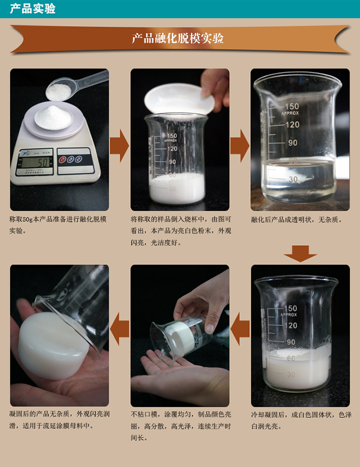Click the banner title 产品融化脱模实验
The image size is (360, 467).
click(178, 38)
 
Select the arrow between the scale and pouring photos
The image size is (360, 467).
click(119, 146)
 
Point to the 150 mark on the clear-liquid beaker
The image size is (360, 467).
click(291, 106)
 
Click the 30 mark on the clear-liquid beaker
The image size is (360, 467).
click(293, 179)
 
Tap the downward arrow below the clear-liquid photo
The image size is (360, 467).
click(300, 254)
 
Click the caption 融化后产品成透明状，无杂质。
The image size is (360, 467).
click(297, 220)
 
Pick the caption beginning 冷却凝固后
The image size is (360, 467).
click(300, 420)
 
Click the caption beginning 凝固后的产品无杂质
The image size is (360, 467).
click(58, 420)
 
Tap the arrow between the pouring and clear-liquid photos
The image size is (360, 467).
click(240, 146)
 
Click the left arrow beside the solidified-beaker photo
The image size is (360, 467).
click(240, 331)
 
